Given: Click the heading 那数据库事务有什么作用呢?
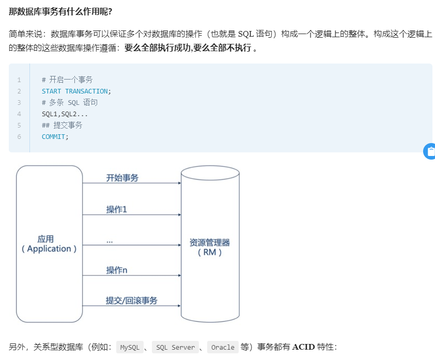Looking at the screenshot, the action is tap(60, 11).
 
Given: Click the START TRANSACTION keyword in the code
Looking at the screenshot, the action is tap(75, 91).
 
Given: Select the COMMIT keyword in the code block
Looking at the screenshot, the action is tap(54, 137).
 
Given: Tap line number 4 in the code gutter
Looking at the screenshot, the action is tap(19, 114).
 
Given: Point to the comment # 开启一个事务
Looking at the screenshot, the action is tap(67, 80).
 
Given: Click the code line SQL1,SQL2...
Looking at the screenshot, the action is tap(65, 114).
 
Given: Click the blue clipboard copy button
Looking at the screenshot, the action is tap(430, 151).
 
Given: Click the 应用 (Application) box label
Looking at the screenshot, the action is tap(49, 244).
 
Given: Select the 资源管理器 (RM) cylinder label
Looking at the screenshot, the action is tap(210, 247).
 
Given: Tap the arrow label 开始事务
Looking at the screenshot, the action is tap(122, 178).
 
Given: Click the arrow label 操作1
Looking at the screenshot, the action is tap(117, 209).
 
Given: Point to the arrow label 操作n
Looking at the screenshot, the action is tap(117, 270).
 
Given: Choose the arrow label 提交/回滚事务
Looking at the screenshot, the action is tap(132, 301).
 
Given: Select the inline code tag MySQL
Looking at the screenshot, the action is tap(130, 348).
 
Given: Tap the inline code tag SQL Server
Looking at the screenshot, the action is tap(176, 348).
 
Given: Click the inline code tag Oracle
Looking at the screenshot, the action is tap(223, 348).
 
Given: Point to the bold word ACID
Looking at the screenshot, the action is tap(303, 347).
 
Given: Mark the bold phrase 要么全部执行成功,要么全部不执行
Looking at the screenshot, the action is tap(188, 48).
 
